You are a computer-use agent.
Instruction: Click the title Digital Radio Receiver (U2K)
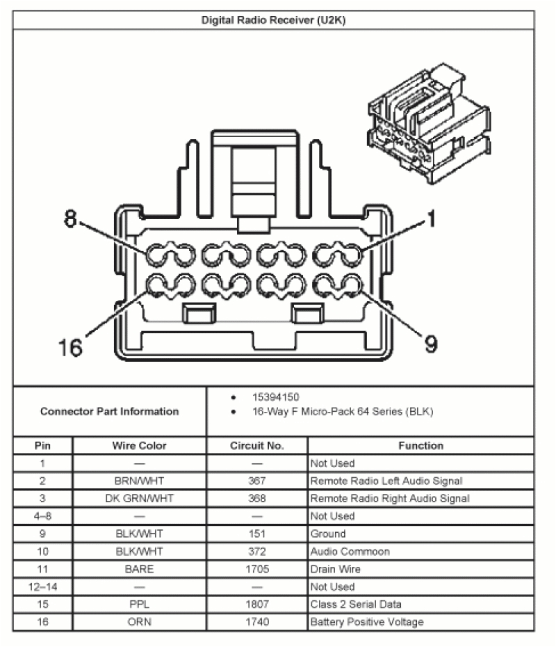(273, 20)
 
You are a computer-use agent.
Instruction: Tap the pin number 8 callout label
(69, 219)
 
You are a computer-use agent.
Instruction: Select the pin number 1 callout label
(431, 220)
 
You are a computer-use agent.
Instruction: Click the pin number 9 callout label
(431, 344)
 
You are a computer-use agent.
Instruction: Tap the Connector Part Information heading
(109, 411)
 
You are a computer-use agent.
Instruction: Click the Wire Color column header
(139, 446)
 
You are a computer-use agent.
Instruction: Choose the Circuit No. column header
(256, 446)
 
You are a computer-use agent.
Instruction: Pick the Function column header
(420, 446)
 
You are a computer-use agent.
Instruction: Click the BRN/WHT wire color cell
(139, 481)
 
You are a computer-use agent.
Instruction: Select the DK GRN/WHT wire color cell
(139, 498)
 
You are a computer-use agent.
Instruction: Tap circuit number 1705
(256, 569)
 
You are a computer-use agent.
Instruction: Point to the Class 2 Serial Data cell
(356, 605)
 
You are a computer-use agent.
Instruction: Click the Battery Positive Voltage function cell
(367, 622)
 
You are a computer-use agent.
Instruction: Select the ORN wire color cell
(139, 622)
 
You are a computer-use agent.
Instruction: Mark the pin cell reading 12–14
(42, 586)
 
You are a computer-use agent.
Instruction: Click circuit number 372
(256, 552)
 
